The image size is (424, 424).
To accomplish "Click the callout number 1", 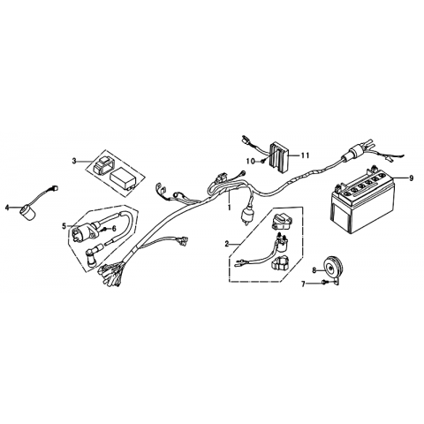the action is (229, 208).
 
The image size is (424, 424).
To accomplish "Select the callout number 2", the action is (226, 244).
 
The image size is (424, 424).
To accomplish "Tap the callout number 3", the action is (74, 161).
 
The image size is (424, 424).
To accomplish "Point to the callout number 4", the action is (7, 208).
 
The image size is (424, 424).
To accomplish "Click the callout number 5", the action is (64, 226).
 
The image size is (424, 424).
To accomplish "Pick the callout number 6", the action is (114, 228).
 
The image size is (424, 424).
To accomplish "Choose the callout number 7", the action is (303, 284).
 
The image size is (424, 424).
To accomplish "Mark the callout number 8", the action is (314, 270).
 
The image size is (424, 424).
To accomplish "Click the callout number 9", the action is (411, 178).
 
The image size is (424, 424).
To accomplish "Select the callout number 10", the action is (251, 161).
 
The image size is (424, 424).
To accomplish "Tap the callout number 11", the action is (305, 155).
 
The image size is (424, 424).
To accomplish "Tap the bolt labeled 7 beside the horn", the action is (324, 283).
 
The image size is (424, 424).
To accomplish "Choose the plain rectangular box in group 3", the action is (123, 178).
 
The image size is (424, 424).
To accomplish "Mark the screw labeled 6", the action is (104, 229).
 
